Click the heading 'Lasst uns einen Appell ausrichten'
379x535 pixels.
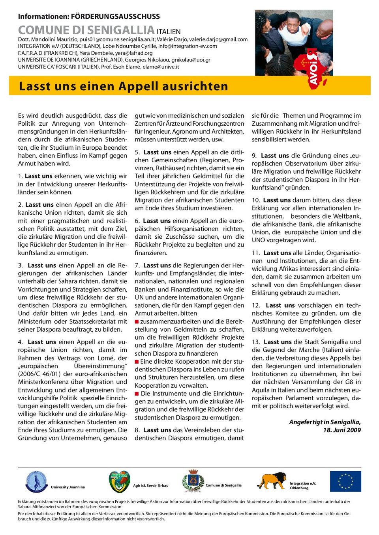pos(123,86)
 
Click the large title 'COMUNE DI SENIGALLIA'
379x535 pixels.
pos(86,30)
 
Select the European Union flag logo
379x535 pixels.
pos(345,481)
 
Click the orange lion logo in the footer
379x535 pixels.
pos(271,481)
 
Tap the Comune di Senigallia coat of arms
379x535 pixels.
pos(193,481)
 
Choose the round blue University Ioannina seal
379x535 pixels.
pos(36,481)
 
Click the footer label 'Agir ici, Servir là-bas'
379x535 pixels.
pos(150,485)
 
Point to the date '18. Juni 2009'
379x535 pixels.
pos(342,430)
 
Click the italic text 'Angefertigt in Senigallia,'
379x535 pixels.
pos(325,422)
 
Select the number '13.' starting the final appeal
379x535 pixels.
pos(256,342)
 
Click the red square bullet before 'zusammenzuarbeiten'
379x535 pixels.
pos(137,321)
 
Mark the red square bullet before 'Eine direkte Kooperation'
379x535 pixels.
pos(137,361)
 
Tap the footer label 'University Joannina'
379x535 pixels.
pos(68,487)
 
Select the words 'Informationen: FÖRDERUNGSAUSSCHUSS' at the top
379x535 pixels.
pos(89,17)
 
